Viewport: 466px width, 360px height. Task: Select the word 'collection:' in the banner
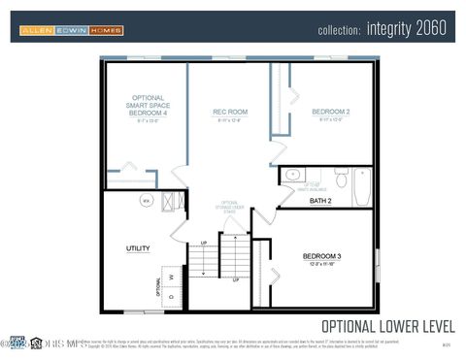click(x=339, y=30)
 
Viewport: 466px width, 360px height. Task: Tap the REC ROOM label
click(x=230, y=113)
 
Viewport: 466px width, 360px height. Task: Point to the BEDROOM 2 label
click(x=330, y=113)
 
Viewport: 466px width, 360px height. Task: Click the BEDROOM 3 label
click(x=322, y=256)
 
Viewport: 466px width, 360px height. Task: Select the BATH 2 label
click(x=320, y=201)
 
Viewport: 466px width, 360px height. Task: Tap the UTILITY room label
click(x=138, y=248)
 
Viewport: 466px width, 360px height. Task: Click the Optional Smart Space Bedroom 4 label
click(x=148, y=106)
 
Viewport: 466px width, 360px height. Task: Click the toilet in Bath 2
click(x=341, y=179)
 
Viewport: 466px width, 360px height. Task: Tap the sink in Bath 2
click(x=292, y=176)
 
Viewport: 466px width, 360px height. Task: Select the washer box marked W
click(x=172, y=276)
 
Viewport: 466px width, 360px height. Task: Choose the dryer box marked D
click(x=172, y=297)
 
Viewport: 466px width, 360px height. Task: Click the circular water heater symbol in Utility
click(x=146, y=201)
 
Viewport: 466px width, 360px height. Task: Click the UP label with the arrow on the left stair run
click(x=203, y=243)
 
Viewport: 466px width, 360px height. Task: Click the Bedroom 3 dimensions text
click(x=322, y=264)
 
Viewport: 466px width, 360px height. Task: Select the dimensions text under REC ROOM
click(x=230, y=121)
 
